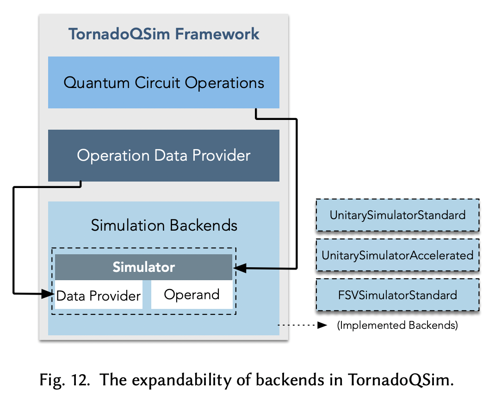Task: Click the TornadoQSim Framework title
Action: pos(164,34)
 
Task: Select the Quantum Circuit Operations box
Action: pos(164,83)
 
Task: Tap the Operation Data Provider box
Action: pos(164,156)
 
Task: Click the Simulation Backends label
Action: pos(164,226)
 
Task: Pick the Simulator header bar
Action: pos(143,267)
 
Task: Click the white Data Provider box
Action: pos(99,295)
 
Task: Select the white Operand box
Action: pos(192,295)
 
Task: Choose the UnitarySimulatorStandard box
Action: pos(397,215)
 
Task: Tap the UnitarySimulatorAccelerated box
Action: pos(397,255)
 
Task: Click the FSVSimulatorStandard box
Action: pos(397,295)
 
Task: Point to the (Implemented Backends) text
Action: pos(397,326)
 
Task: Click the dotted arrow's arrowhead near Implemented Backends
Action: pos(322,326)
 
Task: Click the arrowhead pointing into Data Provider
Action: pos(49,293)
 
